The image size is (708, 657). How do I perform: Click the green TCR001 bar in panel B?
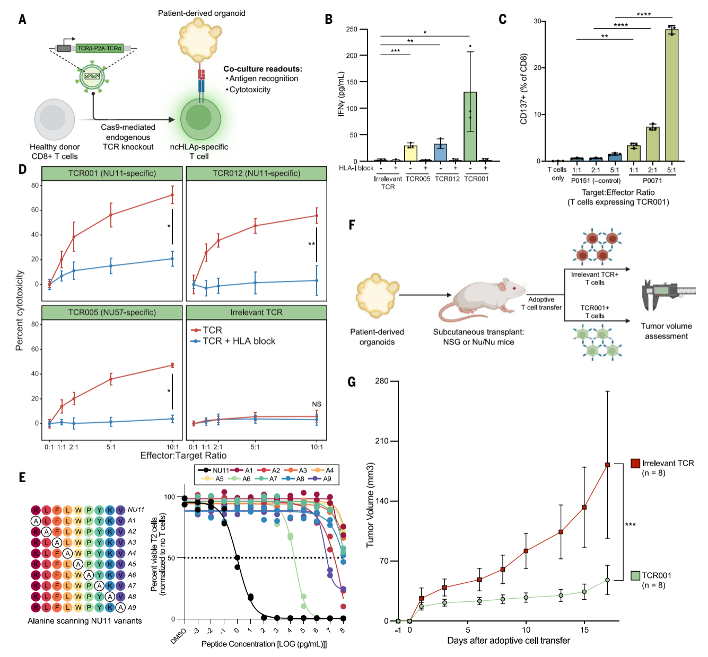tap(470, 127)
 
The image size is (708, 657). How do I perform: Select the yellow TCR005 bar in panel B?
tap(410, 153)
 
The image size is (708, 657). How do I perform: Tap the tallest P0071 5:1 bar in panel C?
tap(671, 95)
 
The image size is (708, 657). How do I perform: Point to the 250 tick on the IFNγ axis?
tap(352, 29)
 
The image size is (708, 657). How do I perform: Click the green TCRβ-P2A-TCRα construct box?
tap(100, 48)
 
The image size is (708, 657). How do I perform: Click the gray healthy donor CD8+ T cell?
tap(54, 119)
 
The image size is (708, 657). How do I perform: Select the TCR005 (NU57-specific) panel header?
tap(112, 312)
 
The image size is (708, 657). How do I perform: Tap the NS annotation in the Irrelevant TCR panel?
tap(316, 404)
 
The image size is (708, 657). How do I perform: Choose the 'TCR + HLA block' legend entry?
tap(233, 341)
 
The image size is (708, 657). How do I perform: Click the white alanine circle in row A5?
tap(78, 564)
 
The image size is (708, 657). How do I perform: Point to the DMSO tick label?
tap(178, 636)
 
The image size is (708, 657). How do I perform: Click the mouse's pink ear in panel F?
tap(503, 286)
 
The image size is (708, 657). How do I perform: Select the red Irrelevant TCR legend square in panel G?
tap(635, 463)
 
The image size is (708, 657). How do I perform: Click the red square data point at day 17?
tap(607, 465)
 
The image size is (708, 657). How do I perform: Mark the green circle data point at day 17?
tap(607, 580)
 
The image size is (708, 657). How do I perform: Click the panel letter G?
tap(352, 382)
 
